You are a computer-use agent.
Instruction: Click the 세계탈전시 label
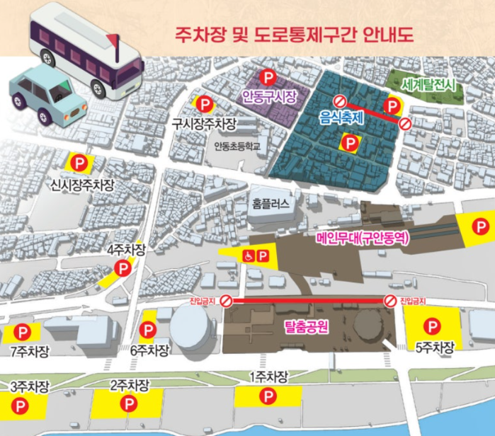click(431, 86)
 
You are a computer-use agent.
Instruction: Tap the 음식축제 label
click(343, 119)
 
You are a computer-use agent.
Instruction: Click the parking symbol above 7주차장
click(23, 331)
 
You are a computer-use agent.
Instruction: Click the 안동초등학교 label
click(237, 147)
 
